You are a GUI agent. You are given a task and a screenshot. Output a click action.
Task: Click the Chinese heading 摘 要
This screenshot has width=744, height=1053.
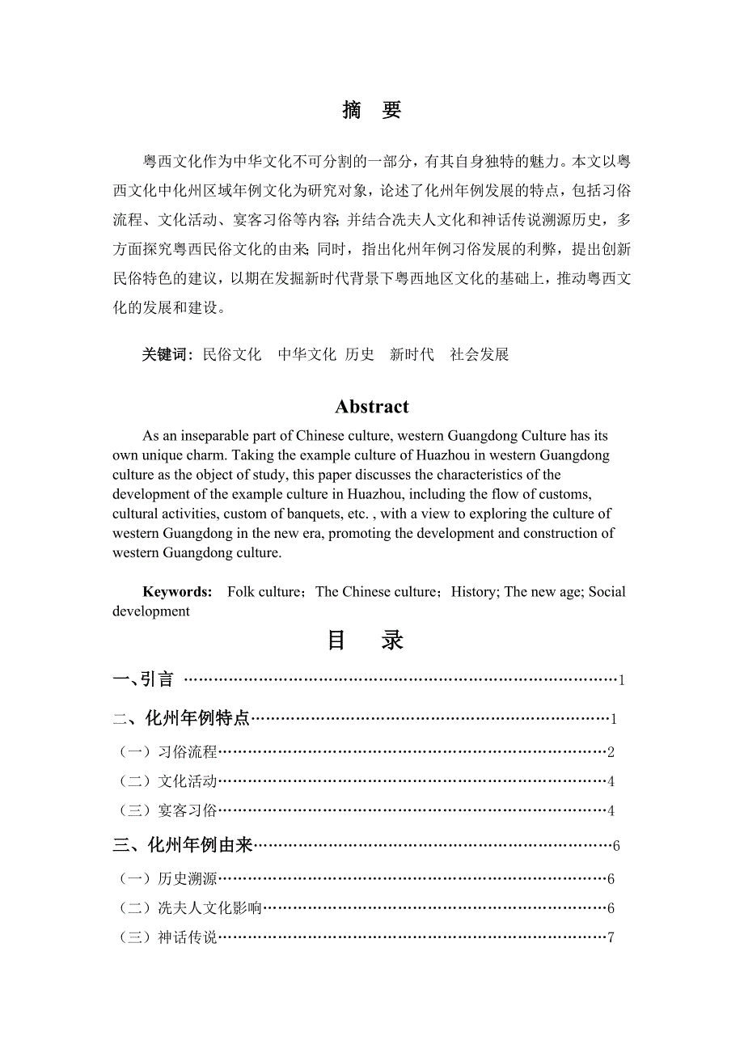(x=372, y=111)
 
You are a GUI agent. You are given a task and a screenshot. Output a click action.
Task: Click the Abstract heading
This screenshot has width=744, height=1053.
(x=372, y=407)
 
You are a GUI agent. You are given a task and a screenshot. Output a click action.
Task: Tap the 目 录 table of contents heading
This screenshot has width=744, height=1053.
(x=366, y=641)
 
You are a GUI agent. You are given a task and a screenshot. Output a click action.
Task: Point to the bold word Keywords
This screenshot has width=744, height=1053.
(x=177, y=592)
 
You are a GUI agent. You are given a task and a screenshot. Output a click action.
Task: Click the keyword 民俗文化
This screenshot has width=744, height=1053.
(x=232, y=354)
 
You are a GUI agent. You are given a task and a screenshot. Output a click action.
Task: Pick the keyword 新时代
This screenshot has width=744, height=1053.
(x=412, y=354)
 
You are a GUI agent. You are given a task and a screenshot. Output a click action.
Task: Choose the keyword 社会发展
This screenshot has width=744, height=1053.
(x=480, y=354)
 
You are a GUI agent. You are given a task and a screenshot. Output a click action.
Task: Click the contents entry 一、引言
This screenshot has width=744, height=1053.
(x=144, y=679)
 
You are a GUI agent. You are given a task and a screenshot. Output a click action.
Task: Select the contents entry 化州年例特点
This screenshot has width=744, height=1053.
(x=197, y=718)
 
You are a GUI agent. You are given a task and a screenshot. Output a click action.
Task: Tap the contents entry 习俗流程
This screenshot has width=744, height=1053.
(x=188, y=752)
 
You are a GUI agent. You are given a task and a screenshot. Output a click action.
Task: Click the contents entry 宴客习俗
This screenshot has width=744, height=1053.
(x=188, y=810)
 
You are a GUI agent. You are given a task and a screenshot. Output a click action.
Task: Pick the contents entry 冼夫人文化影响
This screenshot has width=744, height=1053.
(x=210, y=908)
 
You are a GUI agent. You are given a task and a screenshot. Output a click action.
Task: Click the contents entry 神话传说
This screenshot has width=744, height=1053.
(x=188, y=937)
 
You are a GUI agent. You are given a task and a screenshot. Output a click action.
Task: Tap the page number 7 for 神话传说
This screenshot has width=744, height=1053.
(x=611, y=938)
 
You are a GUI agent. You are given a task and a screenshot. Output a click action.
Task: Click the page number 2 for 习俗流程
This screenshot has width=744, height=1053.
(x=611, y=753)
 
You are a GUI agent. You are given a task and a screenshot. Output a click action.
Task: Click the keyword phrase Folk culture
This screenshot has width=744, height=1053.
(x=264, y=592)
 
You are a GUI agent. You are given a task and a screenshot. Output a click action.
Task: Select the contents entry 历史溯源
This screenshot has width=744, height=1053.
(x=188, y=879)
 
